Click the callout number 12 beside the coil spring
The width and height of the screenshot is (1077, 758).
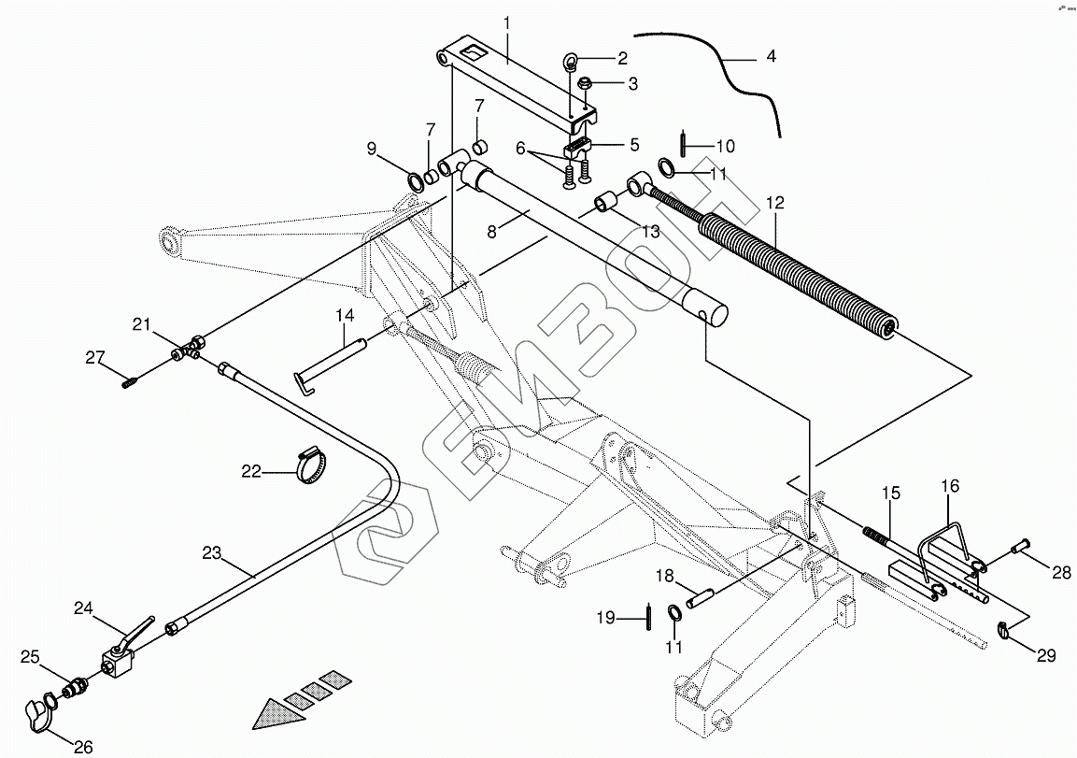pyautogui.click(x=774, y=204)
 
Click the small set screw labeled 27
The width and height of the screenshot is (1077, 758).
pyautogui.click(x=129, y=381)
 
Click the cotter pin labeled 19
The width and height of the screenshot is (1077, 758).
pyautogui.click(x=648, y=615)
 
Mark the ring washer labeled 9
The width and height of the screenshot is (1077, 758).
pyautogui.click(x=416, y=183)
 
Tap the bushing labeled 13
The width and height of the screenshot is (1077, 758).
pyautogui.click(x=606, y=204)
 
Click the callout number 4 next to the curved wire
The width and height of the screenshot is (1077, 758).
pyautogui.click(x=772, y=57)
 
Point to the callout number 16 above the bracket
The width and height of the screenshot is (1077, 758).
pyautogui.click(x=950, y=486)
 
